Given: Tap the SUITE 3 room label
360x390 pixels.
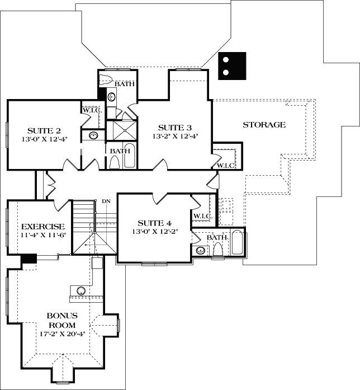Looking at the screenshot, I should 176,127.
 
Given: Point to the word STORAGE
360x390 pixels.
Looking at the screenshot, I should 264,124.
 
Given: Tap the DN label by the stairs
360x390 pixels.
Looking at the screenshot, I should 106,201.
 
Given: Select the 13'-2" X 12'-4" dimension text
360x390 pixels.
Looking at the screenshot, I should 176,136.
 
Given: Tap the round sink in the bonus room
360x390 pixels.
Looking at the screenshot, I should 82,290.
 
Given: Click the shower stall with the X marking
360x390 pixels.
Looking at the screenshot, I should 117,130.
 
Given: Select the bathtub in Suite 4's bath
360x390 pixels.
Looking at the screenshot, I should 236,244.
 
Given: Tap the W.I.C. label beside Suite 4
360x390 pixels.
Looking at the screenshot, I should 201,216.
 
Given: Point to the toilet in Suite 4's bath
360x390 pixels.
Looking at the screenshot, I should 217,252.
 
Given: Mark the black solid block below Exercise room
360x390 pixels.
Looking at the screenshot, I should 29,259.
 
